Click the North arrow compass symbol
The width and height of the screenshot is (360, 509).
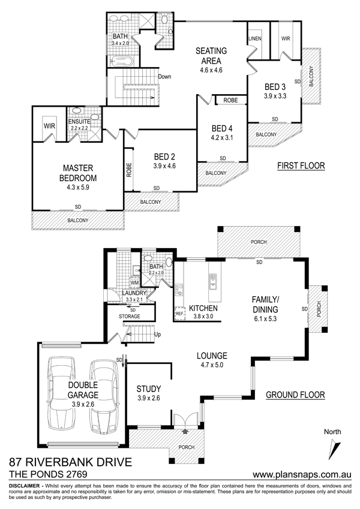tap(334, 450)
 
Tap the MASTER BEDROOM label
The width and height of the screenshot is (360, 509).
tap(78, 173)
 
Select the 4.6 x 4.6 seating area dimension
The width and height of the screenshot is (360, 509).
tap(211, 70)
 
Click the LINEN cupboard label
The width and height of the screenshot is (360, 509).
tap(255, 38)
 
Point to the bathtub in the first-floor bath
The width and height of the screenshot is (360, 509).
tap(122, 61)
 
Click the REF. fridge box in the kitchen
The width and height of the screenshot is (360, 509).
tap(179, 314)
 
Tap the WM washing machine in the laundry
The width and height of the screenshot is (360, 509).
tap(134, 283)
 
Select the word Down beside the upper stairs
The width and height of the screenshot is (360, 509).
tap(164, 77)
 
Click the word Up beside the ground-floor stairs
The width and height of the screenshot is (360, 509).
tap(158, 335)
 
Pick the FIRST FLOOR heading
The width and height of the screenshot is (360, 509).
tap(301, 166)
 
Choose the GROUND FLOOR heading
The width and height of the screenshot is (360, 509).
tap(295, 395)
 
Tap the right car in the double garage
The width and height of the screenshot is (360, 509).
tap(104, 396)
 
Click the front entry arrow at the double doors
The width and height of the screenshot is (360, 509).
tap(185, 432)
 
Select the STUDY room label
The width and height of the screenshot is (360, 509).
tap(148, 389)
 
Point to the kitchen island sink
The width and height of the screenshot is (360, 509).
tap(213, 281)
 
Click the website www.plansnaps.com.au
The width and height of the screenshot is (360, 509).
tap(302, 475)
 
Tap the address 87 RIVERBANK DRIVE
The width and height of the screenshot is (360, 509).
tap(71, 462)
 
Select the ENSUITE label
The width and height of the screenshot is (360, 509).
tap(79, 122)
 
